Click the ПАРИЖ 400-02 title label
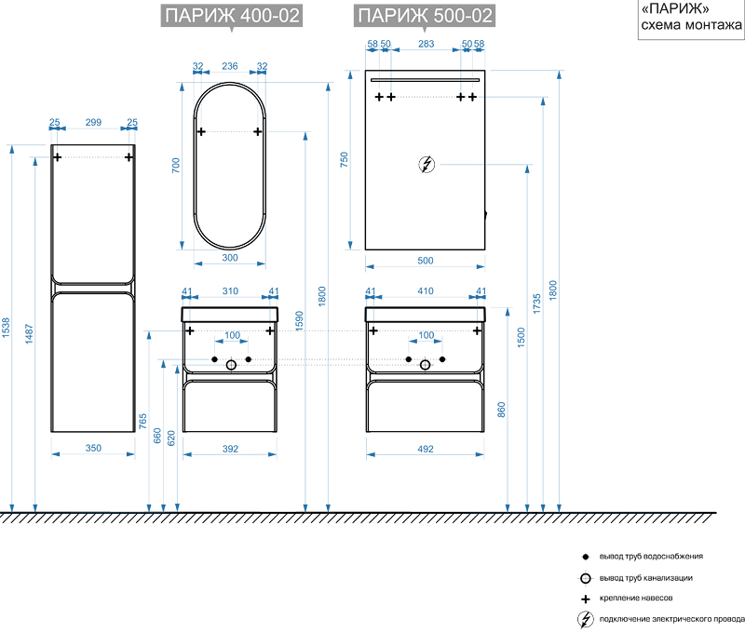tap(231, 16)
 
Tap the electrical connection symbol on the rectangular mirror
tap(426, 165)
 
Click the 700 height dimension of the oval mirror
tap(175, 166)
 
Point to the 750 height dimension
tap(344, 159)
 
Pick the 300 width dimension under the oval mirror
tap(231, 258)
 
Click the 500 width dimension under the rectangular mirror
tap(426, 262)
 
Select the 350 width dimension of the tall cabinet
tap(93, 448)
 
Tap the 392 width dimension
tap(231, 448)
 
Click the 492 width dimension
tap(426, 448)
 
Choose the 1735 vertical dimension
tap(536, 304)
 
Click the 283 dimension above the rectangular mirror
tap(426, 45)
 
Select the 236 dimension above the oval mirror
tap(230, 66)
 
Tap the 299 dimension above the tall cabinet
tap(93, 123)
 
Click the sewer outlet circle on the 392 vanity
tap(231, 366)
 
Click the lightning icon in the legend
tap(585, 620)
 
